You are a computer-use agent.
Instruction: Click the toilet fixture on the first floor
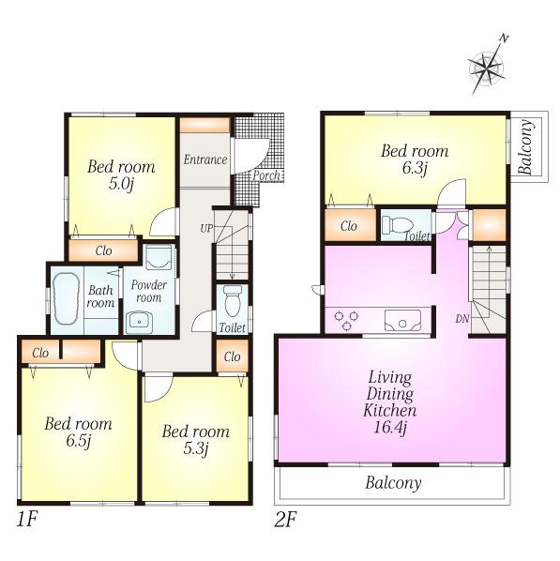click(x=233, y=300)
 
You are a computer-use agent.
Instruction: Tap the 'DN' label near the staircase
click(x=462, y=318)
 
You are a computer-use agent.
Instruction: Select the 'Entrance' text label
click(x=204, y=159)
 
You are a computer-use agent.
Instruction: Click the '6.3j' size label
click(x=414, y=169)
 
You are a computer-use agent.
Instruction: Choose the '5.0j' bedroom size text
click(x=121, y=186)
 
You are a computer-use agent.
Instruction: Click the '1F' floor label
click(x=26, y=518)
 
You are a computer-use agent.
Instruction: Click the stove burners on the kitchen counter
click(x=345, y=319)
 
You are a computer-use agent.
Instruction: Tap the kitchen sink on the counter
click(x=404, y=321)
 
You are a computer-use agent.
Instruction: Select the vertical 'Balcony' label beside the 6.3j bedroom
click(x=525, y=148)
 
